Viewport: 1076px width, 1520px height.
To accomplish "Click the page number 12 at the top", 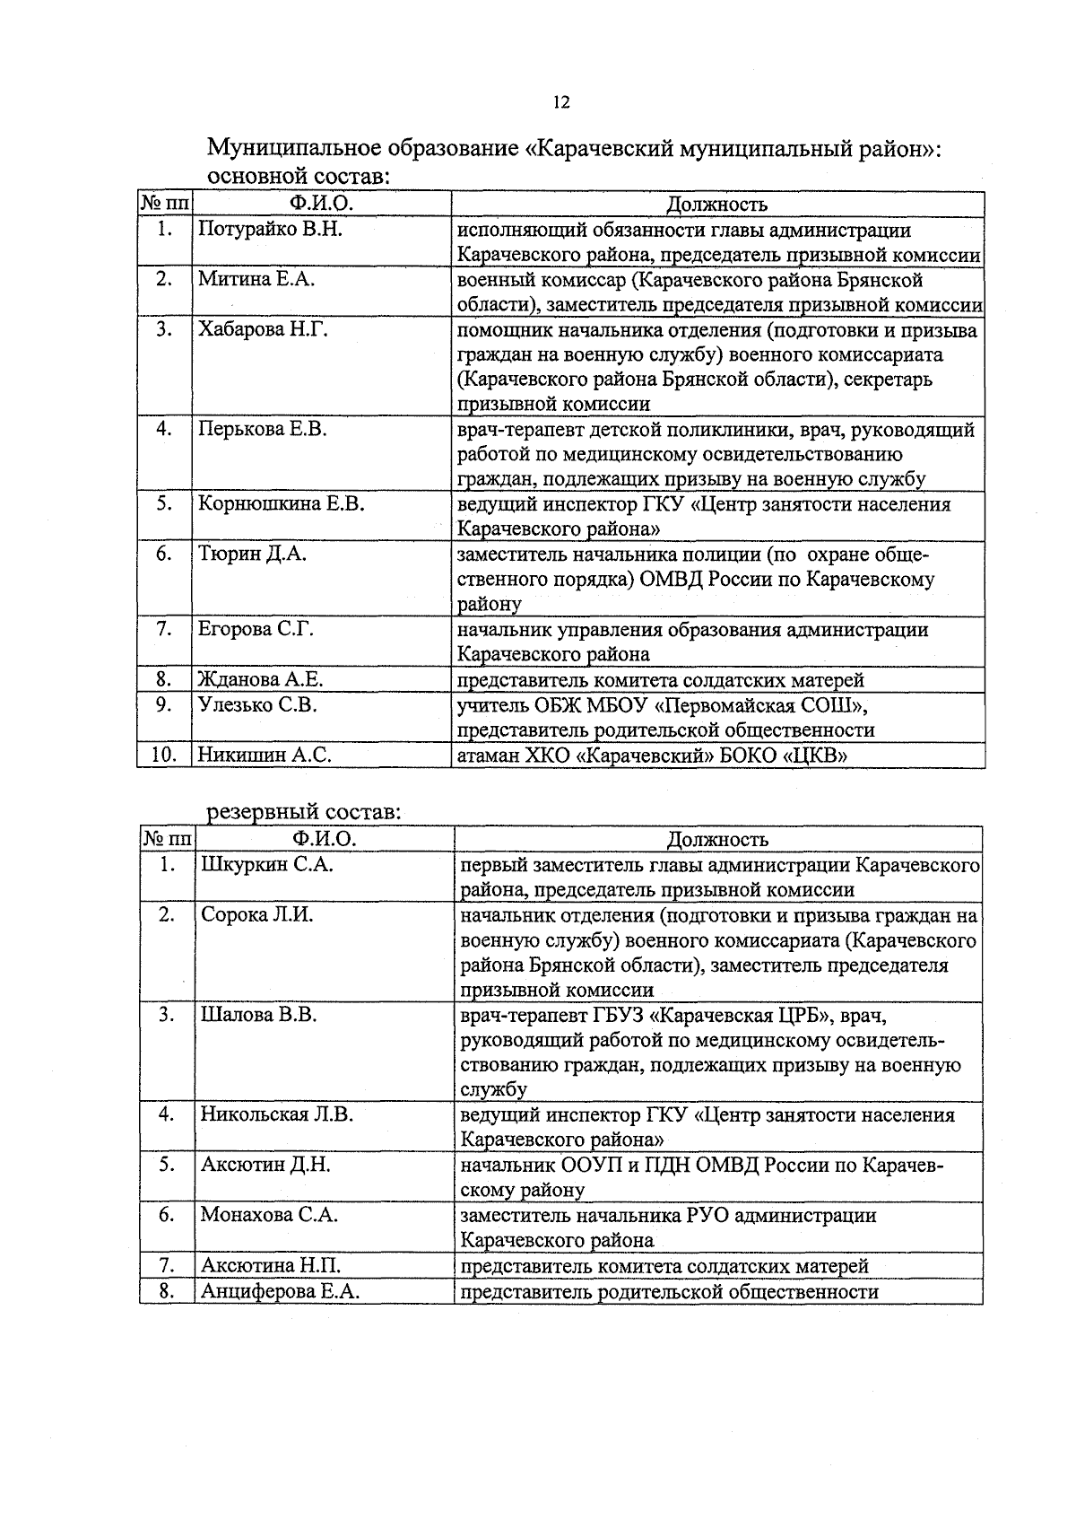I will click(x=560, y=102).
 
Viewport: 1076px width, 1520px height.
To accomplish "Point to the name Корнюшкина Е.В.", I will click(x=281, y=504).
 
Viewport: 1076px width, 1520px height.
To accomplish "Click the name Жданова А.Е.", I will click(x=260, y=680).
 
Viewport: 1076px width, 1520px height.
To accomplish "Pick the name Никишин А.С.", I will click(x=265, y=756).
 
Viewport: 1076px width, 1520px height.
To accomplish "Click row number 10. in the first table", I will click(x=163, y=756).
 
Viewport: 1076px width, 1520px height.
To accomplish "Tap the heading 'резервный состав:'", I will click(x=303, y=813).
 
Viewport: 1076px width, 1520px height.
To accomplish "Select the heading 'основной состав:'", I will click(x=299, y=176).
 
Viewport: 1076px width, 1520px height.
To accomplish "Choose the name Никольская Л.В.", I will click(x=277, y=1115).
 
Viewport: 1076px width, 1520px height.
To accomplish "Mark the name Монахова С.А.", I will click(x=269, y=1215).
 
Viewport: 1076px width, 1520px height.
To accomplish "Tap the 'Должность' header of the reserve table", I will click(x=717, y=839).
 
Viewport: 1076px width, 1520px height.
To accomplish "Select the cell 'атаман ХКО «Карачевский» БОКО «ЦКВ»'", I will click(x=653, y=756).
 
